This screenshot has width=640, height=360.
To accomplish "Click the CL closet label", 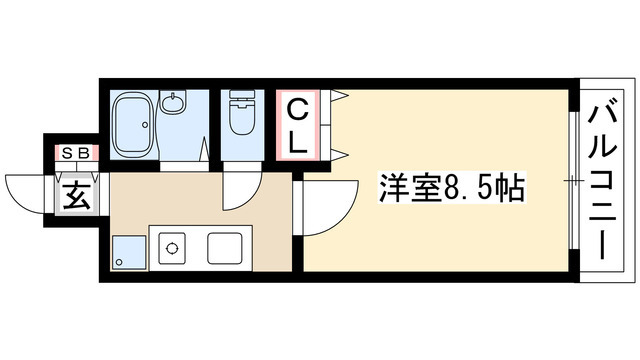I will tap(298, 124).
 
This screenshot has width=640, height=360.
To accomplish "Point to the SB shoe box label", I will tap(75, 153).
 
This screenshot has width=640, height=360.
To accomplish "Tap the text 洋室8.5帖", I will tap(451, 188).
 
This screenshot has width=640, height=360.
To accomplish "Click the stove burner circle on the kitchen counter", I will tap(170, 247).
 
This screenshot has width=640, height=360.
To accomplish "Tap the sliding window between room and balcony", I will tap(573, 180).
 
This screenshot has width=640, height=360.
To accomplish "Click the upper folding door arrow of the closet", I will tap(340, 97).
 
